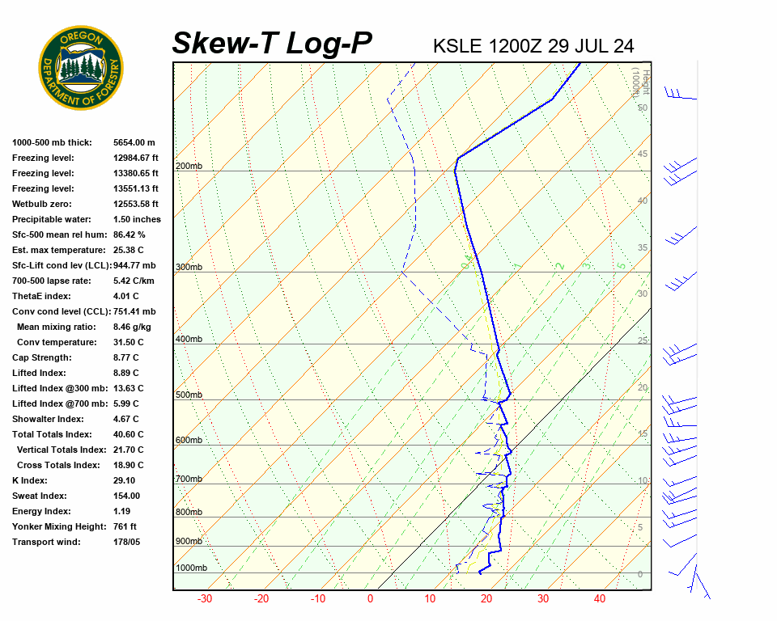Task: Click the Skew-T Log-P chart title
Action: (272, 43)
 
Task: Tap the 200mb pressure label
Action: (189, 167)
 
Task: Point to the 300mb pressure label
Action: (189, 267)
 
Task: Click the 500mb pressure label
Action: (189, 395)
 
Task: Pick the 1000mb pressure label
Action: (191, 568)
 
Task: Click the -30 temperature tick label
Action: (205, 599)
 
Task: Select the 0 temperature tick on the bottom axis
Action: (370, 599)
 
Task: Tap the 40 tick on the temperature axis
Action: (600, 599)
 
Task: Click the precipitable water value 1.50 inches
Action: (137, 219)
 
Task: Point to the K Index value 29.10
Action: (125, 480)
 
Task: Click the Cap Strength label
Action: (42, 357)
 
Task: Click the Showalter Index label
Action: (48, 419)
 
